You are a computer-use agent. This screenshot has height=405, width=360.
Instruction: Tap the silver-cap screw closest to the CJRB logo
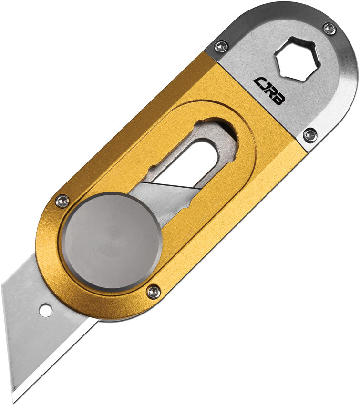(x=221, y=47)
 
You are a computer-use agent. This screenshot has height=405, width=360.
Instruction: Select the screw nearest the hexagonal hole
(x=329, y=29)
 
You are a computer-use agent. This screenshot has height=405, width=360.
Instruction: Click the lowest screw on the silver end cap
(x=310, y=135)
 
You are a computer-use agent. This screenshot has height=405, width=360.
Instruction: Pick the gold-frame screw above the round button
(x=62, y=202)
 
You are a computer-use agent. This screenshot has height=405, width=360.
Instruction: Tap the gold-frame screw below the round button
(x=154, y=292)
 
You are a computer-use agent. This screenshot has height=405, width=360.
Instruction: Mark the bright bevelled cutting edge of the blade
(x=52, y=362)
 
